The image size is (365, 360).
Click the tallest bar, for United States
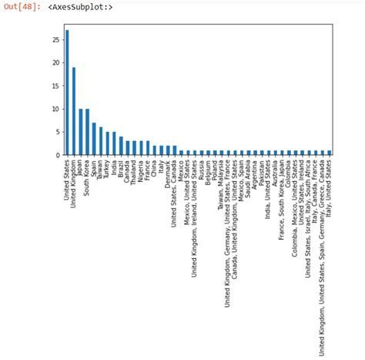[67, 93]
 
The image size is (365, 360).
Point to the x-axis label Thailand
[135, 174]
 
